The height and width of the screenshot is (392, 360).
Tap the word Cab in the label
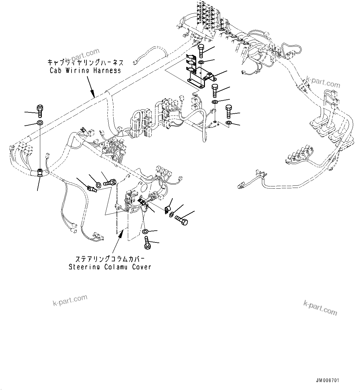pos(55,71)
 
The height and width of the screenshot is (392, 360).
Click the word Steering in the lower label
pos(83,267)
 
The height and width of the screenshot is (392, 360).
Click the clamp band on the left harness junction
pos(40,173)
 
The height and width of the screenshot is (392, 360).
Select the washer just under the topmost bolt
pos(201,63)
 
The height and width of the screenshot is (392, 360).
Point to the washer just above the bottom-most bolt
pos(145,231)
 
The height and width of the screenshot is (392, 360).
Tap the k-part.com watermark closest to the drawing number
pos(320,307)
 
